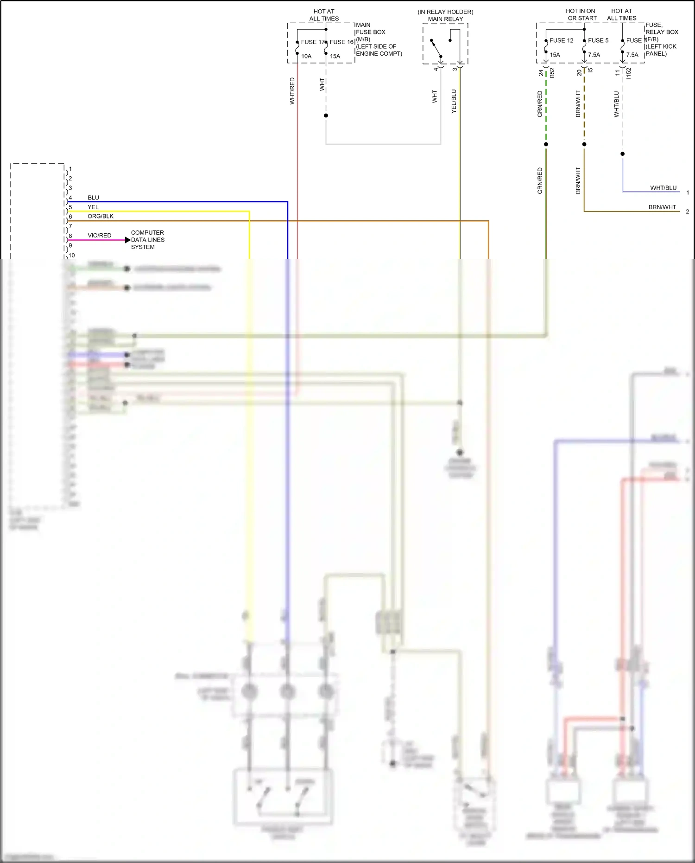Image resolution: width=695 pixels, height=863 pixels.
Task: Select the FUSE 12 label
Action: pos(561,41)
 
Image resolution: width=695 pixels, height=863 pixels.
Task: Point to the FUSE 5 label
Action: pos(598,41)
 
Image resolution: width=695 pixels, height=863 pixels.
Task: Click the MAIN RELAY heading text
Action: pos(445,19)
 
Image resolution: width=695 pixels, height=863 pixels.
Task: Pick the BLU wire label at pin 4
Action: pos(93,198)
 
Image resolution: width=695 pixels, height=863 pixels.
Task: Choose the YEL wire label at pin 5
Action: pos(93,207)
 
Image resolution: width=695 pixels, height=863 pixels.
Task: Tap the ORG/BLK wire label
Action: pos(101,217)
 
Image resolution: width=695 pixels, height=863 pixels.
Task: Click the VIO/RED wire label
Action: pos(100,236)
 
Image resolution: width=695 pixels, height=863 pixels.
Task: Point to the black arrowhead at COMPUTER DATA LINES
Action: pos(127,240)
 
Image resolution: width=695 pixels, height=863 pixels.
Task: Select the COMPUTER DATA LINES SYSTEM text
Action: pos(147,240)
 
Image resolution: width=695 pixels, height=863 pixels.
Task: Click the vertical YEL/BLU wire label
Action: pos(454,101)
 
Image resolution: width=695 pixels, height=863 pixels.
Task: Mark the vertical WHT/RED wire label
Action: pos(292,91)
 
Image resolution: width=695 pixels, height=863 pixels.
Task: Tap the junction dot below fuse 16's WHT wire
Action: pos(326,115)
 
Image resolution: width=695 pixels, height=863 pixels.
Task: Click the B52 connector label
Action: pos(552,73)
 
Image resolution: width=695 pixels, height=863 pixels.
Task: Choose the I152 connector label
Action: pos(629,73)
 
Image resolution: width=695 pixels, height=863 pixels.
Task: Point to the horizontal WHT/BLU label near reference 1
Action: pos(663,188)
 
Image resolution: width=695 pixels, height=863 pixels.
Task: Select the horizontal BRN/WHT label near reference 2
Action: pos(662,207)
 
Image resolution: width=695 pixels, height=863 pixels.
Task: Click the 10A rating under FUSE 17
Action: pos(306,57)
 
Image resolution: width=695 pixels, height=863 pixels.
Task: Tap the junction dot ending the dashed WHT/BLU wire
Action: pos(623,154)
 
